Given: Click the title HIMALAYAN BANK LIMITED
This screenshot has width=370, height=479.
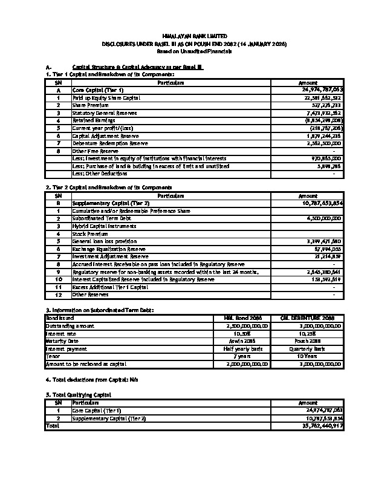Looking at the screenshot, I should pyautogui.click(x=185, y=37).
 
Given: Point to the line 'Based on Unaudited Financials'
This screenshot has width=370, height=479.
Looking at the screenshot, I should pyautogui.click(x=185, y=52).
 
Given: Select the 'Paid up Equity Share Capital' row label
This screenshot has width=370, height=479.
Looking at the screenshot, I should pyautogui.click(x=106, y=97).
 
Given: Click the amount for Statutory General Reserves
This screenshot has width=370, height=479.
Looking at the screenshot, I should pyautogui.click(x=324, y=112).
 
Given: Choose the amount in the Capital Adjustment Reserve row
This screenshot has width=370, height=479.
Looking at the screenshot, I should pyautogui.click(x=324, y=136).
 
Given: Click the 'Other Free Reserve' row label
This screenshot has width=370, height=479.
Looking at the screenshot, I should pyautogui.click(x=91, y=151).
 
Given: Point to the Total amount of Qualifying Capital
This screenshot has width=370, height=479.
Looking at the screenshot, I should pyautogui.click(x=324, y=426).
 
